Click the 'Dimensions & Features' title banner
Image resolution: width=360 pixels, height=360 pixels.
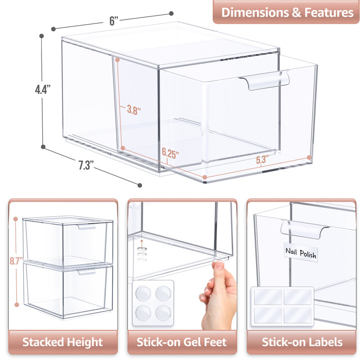coord(288,12)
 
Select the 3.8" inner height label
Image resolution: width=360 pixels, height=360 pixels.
coord(134,110)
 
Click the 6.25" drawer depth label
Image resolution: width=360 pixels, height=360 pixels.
coord(170,153)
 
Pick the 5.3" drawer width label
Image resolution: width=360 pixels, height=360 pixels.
coord(262,159)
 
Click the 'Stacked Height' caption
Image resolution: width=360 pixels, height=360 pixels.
coord(63,342)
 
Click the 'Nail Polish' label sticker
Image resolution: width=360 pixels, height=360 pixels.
coord(301,253)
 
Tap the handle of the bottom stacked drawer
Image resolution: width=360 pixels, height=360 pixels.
coord(87,272)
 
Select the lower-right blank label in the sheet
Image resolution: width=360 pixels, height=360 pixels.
coord(296,313)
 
